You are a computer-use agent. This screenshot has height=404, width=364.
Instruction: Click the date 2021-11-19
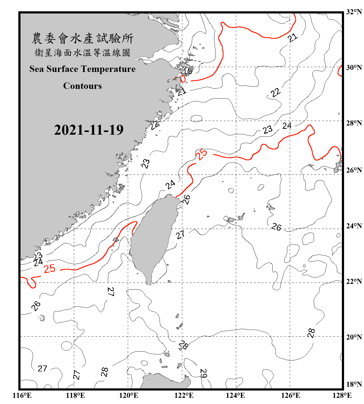click(x=89, y=130)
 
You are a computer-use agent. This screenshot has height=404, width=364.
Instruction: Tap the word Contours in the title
click(x=83, y=86)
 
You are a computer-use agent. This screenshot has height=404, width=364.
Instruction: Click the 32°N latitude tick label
click(x=354, y=12)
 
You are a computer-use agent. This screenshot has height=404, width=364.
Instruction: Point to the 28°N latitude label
click(x=354, y=123)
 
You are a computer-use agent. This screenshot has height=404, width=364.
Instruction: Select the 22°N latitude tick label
click(x=354, y=281)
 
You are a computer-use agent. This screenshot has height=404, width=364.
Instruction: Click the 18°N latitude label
click(x=354, y=384)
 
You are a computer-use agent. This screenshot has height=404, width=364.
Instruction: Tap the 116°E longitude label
click(x=22, y=395)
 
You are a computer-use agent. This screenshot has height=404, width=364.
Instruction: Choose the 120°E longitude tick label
click(x=129, y=395)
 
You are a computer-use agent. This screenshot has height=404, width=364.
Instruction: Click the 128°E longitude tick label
click(x=342, y=395)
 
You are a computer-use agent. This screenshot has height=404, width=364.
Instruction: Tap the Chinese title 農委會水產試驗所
click(x=83, y=39)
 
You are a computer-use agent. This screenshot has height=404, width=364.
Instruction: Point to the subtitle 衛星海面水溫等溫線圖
click(x=83, y=53)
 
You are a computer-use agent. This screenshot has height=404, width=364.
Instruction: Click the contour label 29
click(x=203, y=373)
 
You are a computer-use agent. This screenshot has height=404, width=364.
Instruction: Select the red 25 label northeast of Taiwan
click(x=202, y=155)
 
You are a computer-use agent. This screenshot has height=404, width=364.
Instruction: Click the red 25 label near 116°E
click(x=50, y=269)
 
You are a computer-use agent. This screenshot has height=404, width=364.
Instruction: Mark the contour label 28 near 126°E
click(x=311, y=333)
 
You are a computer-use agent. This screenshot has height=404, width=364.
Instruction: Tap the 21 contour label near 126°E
click(x=293, y=37)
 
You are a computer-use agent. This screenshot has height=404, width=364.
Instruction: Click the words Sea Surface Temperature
click(x=83, y=69)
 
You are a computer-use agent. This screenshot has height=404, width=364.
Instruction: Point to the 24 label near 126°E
click(x=287, y=126)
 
